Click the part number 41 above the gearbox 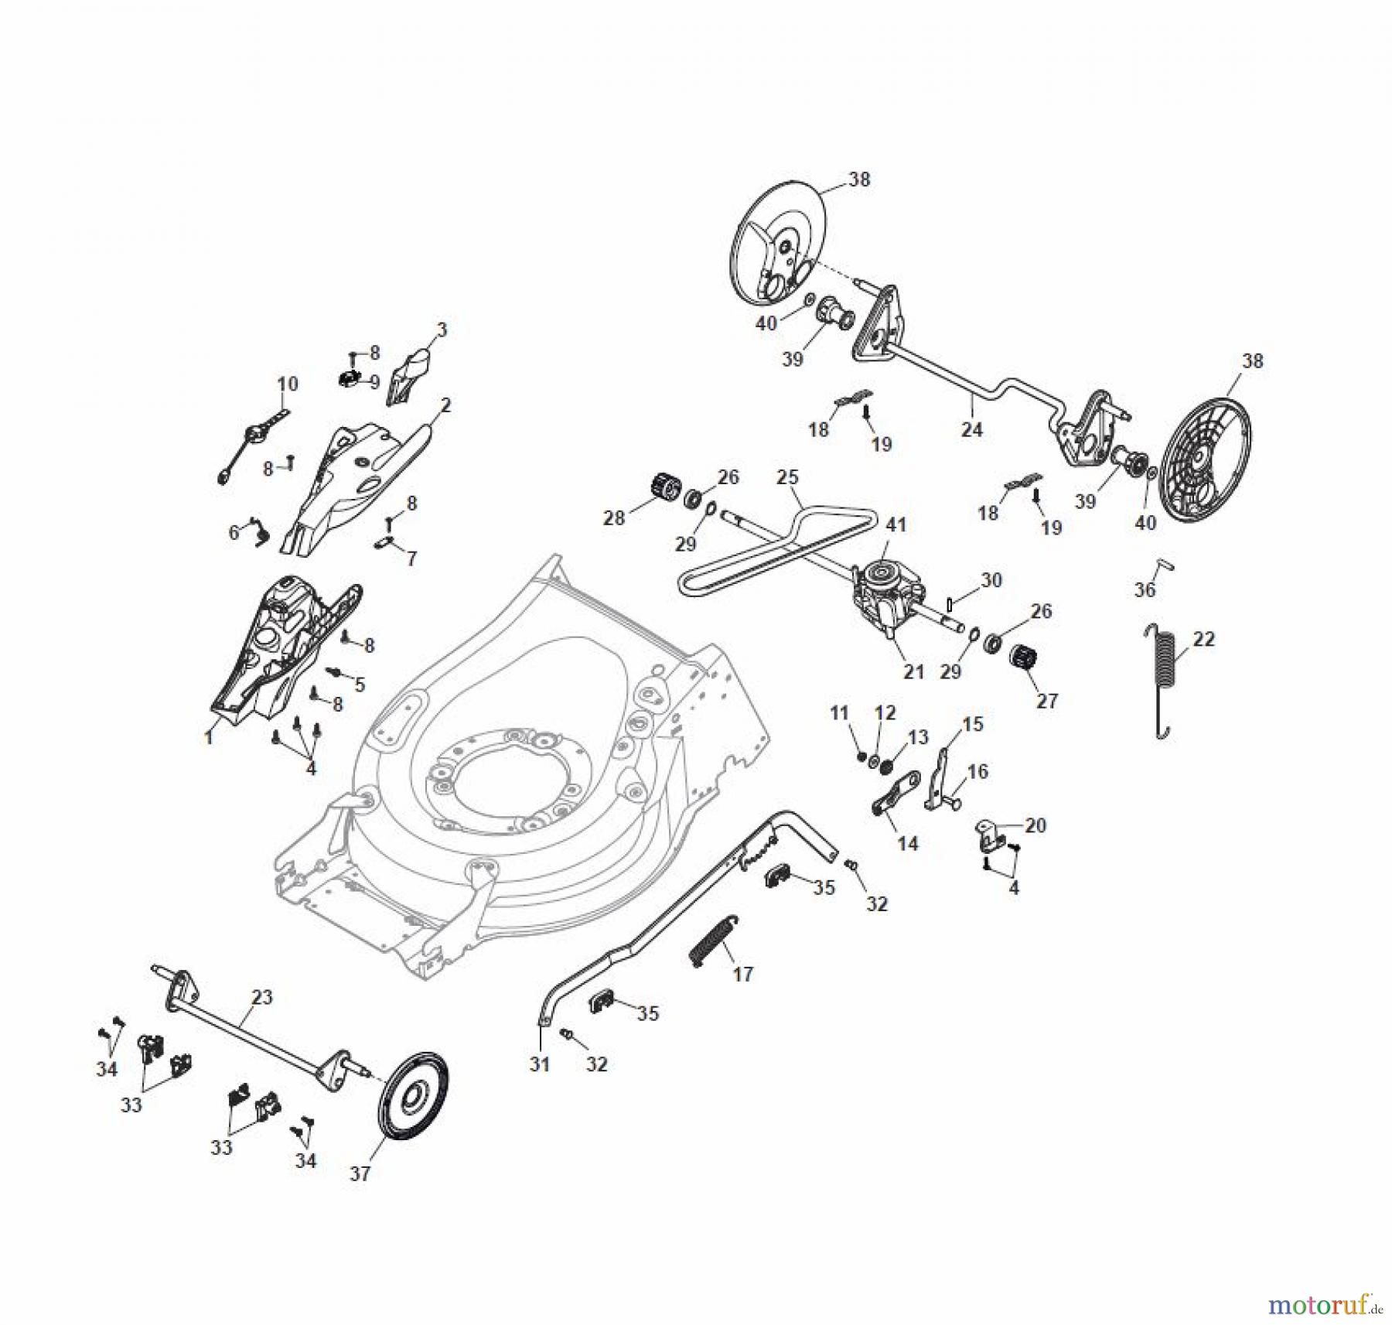[896, 524]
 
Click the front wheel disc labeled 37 [413, 1096]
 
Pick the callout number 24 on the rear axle [971, 429]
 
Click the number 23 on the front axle [262, 997]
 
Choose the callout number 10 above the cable [287, 384]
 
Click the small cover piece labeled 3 [410, 375]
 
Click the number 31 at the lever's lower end [539, 1064]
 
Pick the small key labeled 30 [950, 603]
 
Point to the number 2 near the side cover [445, 405]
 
